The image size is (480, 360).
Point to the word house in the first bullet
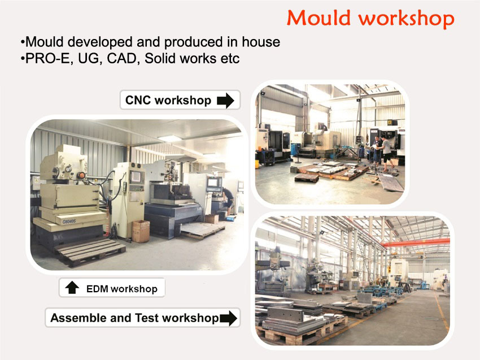point(261,42)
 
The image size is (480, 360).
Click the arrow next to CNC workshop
point(226,101)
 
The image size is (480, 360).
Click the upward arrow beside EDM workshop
point(72,288)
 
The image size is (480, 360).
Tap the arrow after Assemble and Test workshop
point(228,318)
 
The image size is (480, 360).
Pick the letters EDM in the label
point(97,289)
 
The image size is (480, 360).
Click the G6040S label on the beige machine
point(69,222)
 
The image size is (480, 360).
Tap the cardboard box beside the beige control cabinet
point(141,231)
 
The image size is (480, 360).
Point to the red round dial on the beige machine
point(81,176)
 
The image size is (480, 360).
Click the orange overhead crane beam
point(416,242)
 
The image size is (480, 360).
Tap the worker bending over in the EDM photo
point(228,201)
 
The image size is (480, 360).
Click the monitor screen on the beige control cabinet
point(136,177)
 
